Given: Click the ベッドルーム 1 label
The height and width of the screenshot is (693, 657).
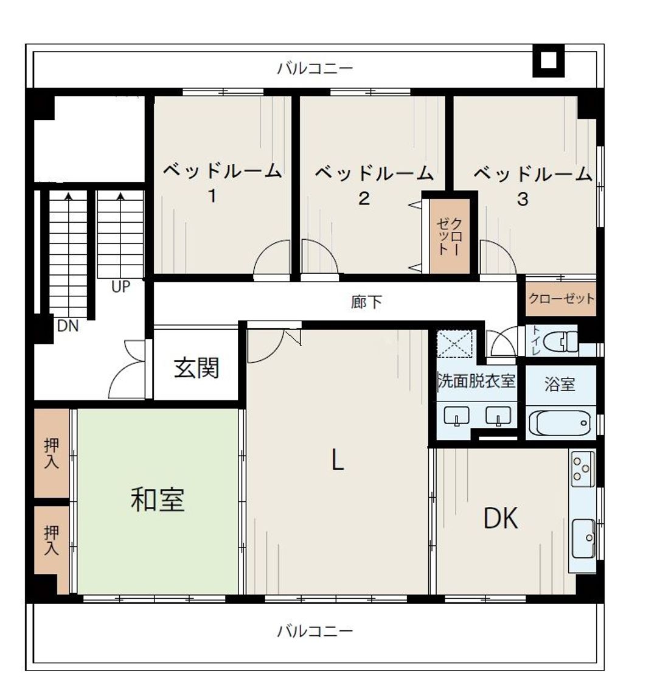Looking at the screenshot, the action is tap(222, 182).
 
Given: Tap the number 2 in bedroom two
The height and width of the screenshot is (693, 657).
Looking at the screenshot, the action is tap(364, 198).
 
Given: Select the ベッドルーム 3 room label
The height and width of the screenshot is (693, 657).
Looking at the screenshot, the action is tap(532, 186).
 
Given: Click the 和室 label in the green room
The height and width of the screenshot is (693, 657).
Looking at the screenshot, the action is tap(158, 500).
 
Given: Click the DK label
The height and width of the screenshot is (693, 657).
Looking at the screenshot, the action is tap(501, 518).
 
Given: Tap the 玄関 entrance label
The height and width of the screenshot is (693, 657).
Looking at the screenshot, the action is tap(196, 367).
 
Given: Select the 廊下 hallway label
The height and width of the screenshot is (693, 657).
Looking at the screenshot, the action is tap(366, 302).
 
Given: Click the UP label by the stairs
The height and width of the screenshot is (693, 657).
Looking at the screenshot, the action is tap(120, 287).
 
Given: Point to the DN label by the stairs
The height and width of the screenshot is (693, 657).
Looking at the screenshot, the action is tap(68, 326).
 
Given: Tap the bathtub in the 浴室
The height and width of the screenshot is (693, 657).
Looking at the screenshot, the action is tap(559, 423).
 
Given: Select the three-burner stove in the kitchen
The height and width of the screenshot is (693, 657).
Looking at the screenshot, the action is tap(581, 468).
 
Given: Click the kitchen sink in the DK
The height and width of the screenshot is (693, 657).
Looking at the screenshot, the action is tap(583, 538).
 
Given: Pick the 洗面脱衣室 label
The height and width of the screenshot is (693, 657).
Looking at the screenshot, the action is tap(476, 380).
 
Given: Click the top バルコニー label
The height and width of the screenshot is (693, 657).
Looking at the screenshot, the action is tap(315, 69).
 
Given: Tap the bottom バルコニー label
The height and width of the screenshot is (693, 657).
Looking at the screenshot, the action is tap(315, 631).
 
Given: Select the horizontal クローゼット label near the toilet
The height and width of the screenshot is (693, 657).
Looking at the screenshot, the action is tap(561, 299).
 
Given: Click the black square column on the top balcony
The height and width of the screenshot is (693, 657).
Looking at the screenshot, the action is tap(548, 60).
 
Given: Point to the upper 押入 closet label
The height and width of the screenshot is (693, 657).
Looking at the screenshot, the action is tap(51, 453).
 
